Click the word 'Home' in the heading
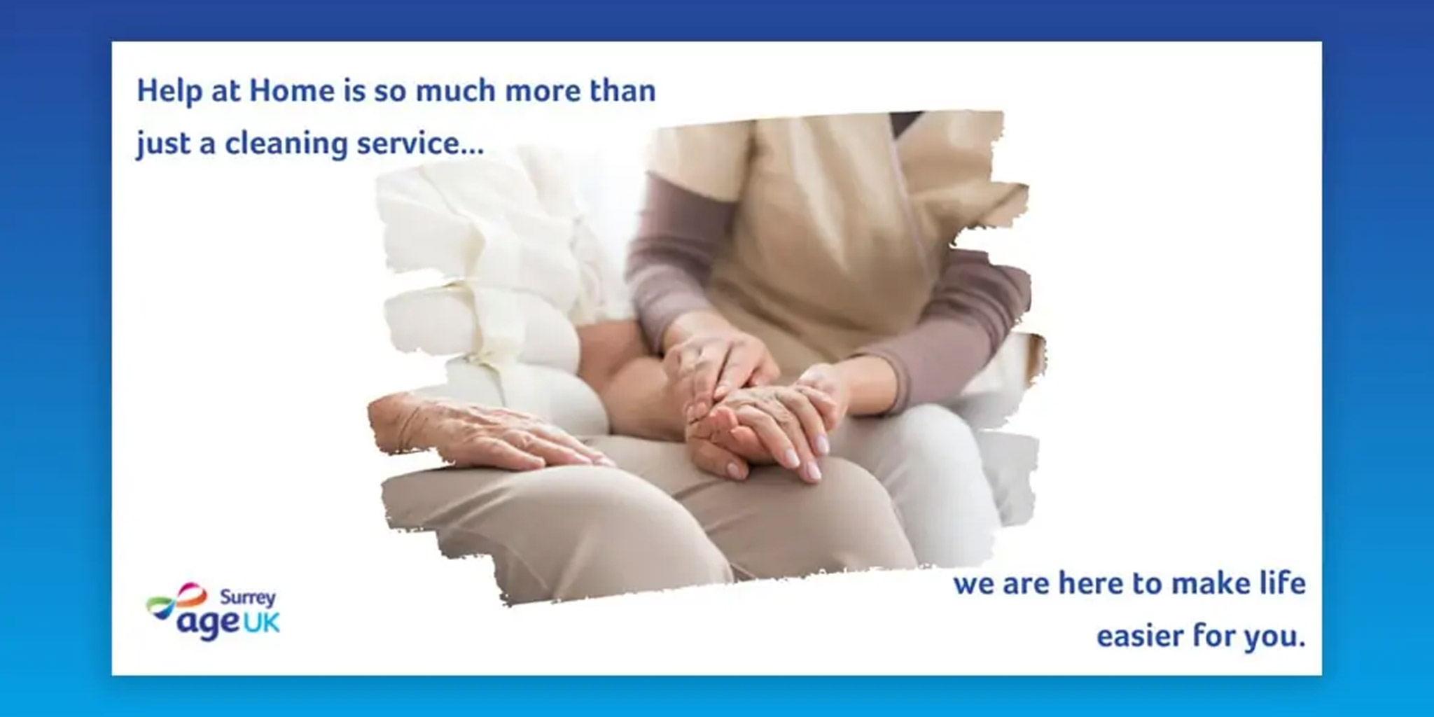[292, 91]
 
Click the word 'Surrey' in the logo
[248, 598]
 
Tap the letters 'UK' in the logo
[261, 622]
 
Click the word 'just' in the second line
[163, 144]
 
